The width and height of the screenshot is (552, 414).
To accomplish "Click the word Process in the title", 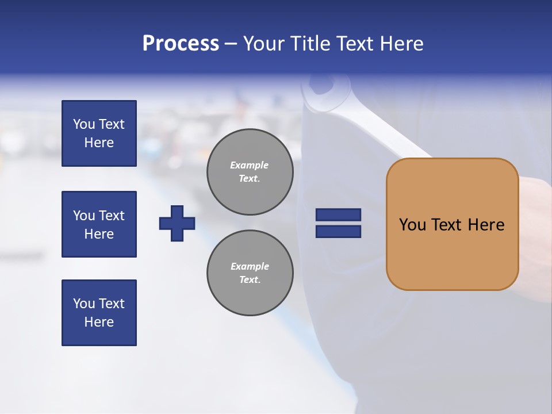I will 181,44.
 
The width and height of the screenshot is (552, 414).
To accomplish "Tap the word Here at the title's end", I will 401,44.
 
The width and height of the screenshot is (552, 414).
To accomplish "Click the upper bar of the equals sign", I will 339,214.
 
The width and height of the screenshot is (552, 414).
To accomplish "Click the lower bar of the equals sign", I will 339,231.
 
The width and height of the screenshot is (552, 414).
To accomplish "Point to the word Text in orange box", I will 447,224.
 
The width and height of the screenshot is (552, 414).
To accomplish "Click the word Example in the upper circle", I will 249,165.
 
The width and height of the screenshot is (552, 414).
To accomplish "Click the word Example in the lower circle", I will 250,266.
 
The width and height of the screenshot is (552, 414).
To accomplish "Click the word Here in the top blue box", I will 99,143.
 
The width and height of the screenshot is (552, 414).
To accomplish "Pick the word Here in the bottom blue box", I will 99,322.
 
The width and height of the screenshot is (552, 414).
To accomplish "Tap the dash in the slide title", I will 231,44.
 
